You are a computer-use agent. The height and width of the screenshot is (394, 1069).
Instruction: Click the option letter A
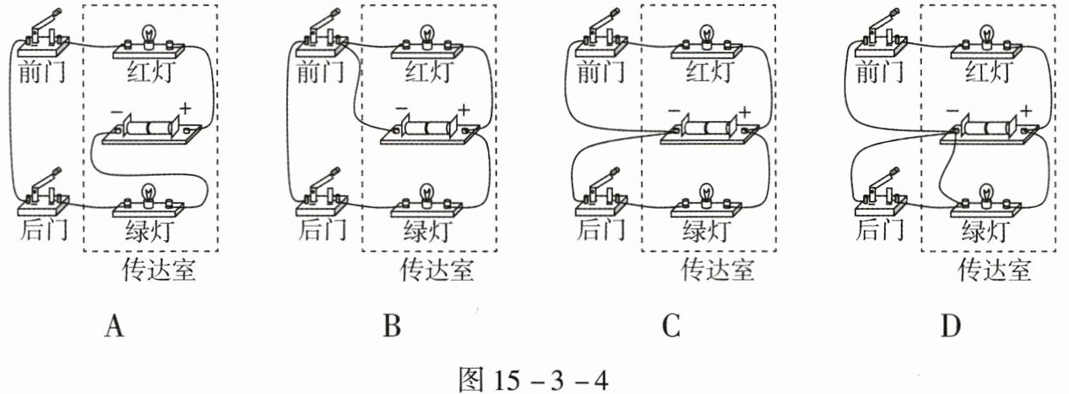point(114,326)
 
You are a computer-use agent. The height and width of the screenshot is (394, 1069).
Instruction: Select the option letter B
point(393,326)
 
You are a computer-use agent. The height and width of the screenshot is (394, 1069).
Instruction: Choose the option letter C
point(671,326)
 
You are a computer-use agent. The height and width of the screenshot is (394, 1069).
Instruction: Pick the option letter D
point(951,326)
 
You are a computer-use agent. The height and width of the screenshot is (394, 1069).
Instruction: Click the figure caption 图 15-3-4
point(534,380)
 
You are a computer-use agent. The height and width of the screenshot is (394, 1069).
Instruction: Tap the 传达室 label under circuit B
point(437,270)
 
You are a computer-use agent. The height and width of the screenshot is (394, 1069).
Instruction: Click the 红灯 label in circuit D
point(987,72)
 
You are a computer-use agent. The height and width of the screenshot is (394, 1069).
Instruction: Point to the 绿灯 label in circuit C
point(706,231)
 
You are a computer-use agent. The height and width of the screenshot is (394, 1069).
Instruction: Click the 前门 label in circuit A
point(42,72)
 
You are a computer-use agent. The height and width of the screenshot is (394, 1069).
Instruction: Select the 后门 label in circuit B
point(323,230)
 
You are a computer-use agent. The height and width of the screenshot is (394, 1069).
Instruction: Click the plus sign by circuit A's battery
point(185,109)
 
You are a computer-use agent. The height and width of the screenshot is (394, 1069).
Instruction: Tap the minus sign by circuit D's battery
point(952,112)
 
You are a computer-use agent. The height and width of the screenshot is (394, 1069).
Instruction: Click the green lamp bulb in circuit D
point(987,194)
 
